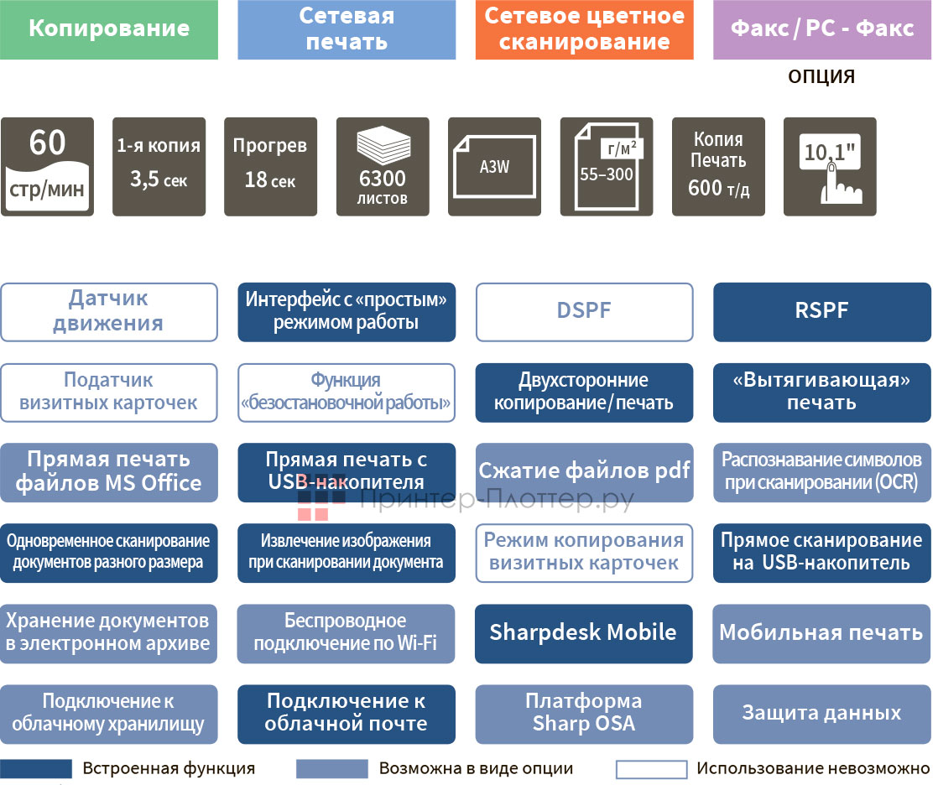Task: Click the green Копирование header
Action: click(109, 29)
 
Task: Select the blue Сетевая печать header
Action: click(347, 29)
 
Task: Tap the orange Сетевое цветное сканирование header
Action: click(584, 29)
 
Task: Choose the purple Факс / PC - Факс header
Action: click(822, 29)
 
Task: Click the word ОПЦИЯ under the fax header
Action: click(821, 77)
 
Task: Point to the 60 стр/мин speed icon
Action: click(47, 167)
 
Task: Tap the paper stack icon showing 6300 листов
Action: click(383, 167)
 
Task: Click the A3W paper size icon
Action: click(494, 167)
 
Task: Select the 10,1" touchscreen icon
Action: click(830, 167)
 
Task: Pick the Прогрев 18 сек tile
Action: click(270, 167)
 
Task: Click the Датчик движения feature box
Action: click(109, 312)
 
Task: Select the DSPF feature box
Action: click(584, 312)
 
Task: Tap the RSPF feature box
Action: click(822, 312)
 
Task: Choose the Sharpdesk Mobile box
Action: click(584, 632)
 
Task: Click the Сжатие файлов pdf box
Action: click(584, 472)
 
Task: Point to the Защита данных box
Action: click(822, 714)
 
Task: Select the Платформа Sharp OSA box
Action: click(584, 714)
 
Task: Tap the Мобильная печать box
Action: click(822, 632)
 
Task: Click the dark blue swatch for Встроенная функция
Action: click(36, 769)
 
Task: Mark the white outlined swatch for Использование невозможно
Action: click(651, 769)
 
